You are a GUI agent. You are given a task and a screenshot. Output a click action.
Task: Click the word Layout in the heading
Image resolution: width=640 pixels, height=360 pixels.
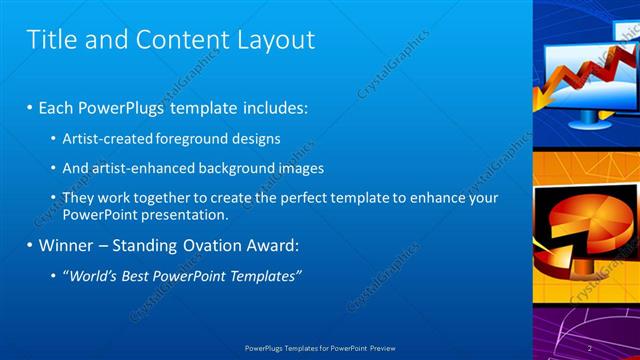pyautogui.click(x=276, y=40)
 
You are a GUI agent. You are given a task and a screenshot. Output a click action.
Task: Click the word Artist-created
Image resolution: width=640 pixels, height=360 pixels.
pyautogui.click(x=108, y=138)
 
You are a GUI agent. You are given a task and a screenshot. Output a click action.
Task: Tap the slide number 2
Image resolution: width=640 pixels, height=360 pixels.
pyautogui.click(x=590, y=348)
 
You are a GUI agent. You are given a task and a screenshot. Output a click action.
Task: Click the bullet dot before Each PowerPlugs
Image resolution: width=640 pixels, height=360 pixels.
pyautogui.click(x=30, y=107)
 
